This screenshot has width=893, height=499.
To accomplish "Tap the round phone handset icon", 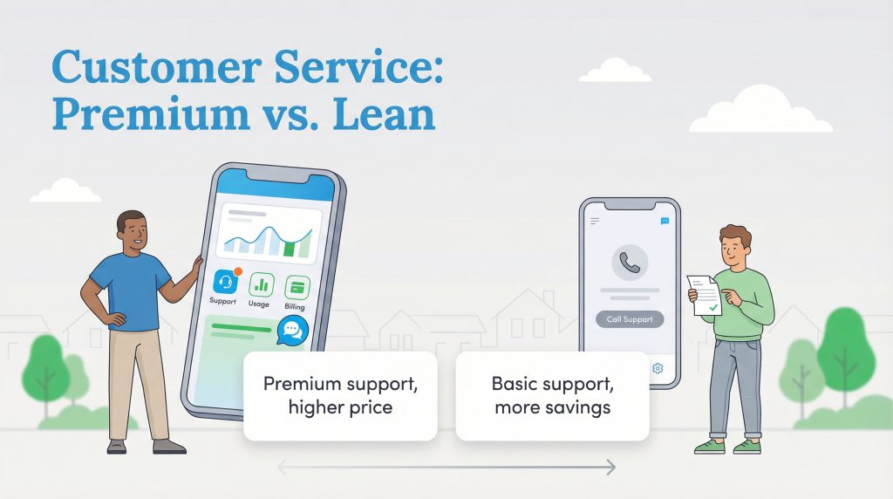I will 628,261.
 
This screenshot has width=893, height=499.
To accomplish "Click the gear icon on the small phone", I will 658,368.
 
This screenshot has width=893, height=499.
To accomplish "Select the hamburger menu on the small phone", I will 595,222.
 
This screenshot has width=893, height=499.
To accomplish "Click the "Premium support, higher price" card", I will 339,395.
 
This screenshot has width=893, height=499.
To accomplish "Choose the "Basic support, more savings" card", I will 552,395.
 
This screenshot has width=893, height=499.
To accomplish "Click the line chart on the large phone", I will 267,239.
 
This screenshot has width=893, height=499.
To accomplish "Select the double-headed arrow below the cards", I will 446,468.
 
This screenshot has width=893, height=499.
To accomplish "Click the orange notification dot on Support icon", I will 237,271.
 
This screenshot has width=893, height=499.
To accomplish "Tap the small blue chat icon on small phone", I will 665,222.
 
